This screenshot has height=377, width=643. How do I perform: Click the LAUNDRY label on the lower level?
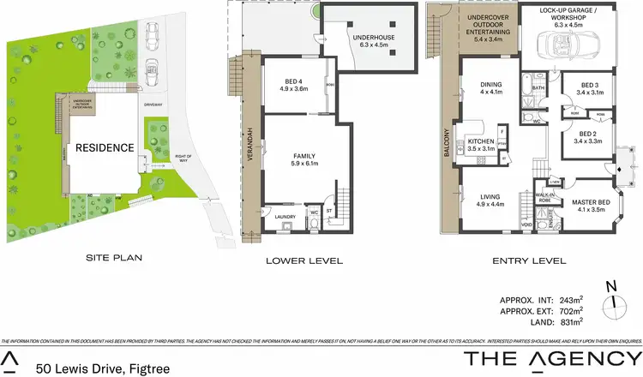point(285,217)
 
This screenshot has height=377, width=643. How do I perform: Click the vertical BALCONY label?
point(447,142)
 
